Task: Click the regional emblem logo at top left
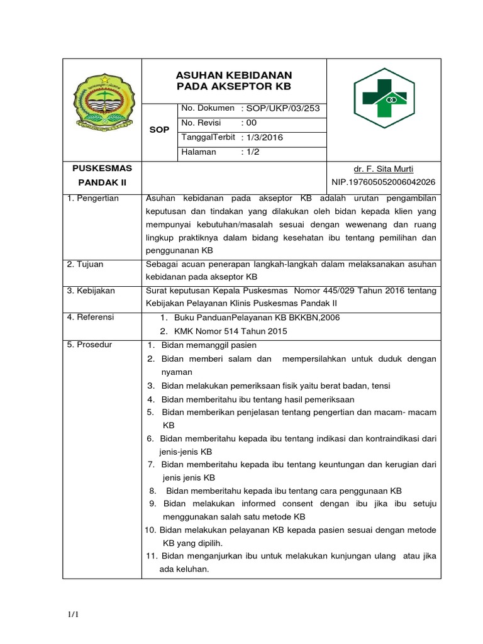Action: pyautogui.click(x=102, y=104)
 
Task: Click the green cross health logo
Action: pyautogui.click(x=384, y=102)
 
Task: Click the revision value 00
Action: pyautogui.click(x=252, y=123)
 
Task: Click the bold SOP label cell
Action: pyautogui.click(x=159, y=130)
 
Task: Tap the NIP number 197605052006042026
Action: pyautogui.click(x=384, y=182)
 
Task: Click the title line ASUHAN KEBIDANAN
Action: pyautogui.click(x=234, y=75)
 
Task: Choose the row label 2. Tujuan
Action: pyautogui.click(x=87, y=264)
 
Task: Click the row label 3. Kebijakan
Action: pyautogui.click(x=92, y=291)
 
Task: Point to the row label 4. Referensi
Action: pyautogui.click(x=92, y=318)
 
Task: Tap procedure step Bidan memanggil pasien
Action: pyautogui.click(x=209, y=345)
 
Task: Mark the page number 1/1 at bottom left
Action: pyautogui.click(x=73, y=614)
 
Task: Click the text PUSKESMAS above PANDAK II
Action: pyautogui.click(x=102, y=169)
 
